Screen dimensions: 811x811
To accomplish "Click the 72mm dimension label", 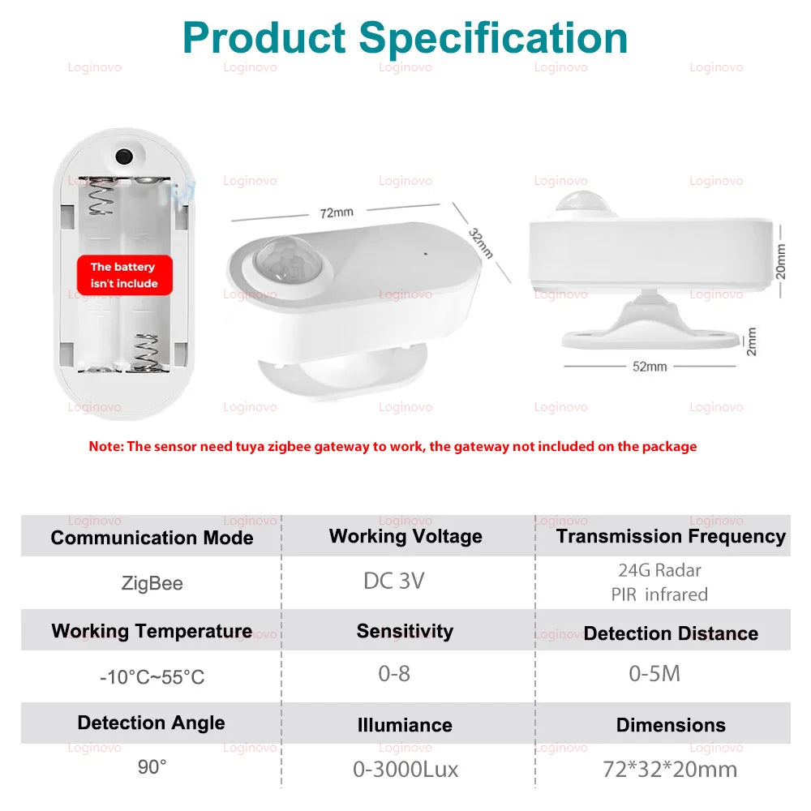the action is [337, 212].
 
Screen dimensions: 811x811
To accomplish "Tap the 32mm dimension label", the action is [480, 242].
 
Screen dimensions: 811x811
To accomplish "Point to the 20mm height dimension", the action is [780, 261].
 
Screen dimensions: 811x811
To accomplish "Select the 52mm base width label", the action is [650, 367].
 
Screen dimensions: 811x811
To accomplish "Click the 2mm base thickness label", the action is [752, 341].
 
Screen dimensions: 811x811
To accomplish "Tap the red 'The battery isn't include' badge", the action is [125, 275].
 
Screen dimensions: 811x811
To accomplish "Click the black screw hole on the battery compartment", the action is [124, 157].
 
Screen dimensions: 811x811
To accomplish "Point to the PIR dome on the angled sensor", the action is [288, 261].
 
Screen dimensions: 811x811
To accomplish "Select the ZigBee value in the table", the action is [152, 583].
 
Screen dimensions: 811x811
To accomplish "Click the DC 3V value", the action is [394, 581].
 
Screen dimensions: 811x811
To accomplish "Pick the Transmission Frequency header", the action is [671, 536].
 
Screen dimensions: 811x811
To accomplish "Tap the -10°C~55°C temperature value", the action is [152, 677].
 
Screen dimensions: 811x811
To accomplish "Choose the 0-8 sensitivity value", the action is [394, 673].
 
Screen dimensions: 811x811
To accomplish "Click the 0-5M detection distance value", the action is [654, 673].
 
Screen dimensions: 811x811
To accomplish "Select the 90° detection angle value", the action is [152, 767].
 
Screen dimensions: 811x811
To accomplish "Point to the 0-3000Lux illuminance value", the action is [405, 770].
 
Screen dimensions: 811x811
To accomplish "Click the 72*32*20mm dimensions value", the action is [670, 770].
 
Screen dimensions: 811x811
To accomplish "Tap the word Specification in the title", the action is [493, 38].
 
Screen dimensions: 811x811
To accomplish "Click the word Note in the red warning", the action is [105, 446].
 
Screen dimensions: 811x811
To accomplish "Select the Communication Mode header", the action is [152, 538].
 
